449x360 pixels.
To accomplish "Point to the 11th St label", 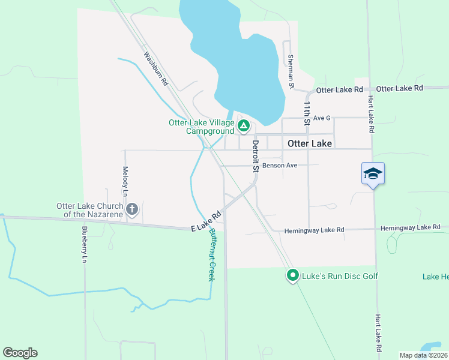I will point(306,113).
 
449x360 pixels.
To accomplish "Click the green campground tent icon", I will point(244,125).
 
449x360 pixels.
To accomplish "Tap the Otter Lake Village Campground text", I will point(201,127).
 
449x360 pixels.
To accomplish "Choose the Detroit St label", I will point(255,156).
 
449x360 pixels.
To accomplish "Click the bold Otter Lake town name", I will point(310,144).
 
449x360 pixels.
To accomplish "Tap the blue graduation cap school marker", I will point(373,174).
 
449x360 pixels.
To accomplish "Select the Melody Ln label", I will point(125,181).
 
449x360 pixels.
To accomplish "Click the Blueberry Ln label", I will point(85,244).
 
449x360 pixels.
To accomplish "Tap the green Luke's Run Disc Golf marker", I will point(293,275).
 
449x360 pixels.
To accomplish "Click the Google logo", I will point(20,353).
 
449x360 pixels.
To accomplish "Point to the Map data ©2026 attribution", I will point(423,355).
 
